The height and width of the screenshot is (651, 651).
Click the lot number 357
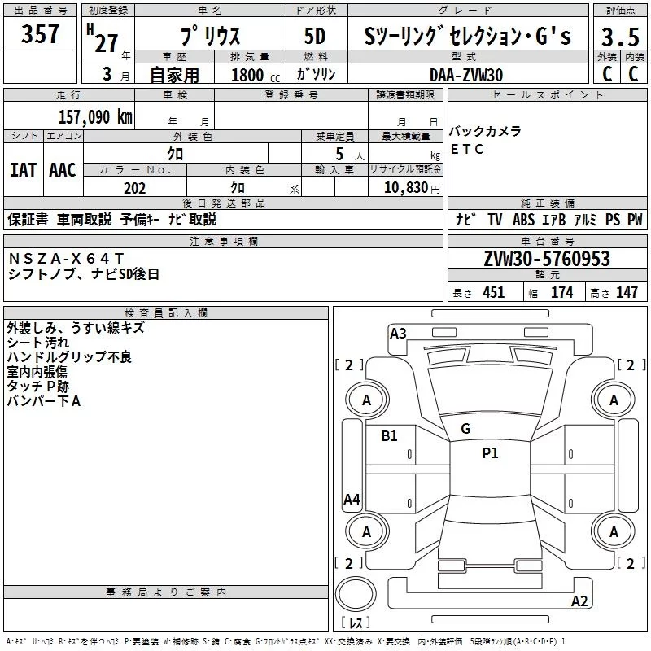pos(40,35)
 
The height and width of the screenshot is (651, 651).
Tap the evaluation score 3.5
pos(620,37)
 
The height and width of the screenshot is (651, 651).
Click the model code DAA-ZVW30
pos(466,74)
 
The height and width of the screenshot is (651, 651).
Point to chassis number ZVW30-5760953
pos(546,260)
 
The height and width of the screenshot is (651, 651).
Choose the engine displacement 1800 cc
pos(247,75)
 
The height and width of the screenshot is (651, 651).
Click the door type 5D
pos(314,37)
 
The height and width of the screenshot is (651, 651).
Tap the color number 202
pos(134,188)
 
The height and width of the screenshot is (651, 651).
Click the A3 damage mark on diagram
pos(398,333)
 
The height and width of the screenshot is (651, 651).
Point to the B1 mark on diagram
pos(390,436)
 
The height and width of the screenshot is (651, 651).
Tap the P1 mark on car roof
pos(490,453)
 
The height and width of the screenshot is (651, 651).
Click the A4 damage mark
pos(352,500)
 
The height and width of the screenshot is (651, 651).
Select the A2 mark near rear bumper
pos(579,601)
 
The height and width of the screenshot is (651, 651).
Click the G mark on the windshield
pos(465,428)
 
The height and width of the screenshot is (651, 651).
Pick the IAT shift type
pos(23,170)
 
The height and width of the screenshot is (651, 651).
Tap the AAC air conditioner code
pos(63,170)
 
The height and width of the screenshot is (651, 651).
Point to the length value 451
pos(493,292)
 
